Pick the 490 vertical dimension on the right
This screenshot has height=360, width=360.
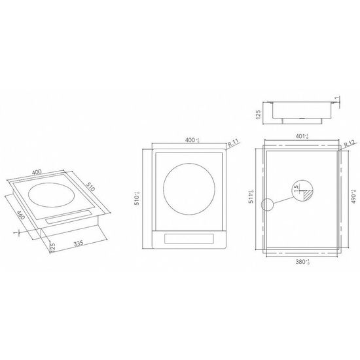(x=353, y=196)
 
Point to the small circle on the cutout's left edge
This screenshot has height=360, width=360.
(x=266, y=203)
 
